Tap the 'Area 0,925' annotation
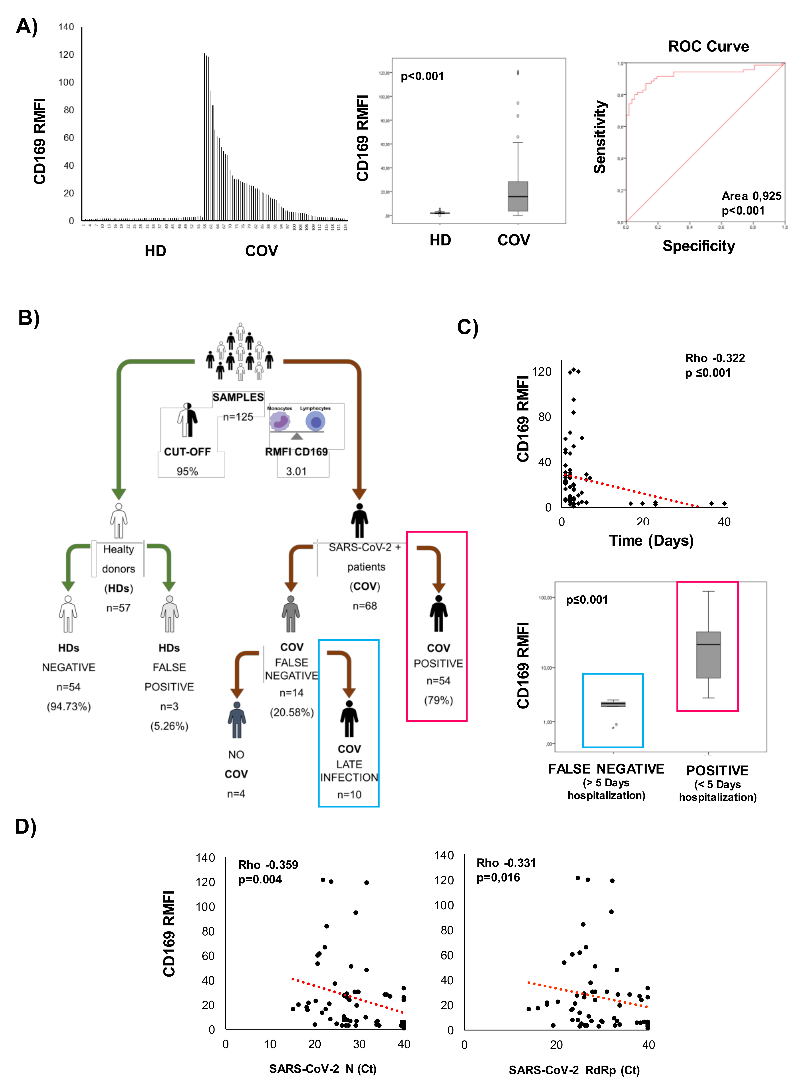[x=751, y=196]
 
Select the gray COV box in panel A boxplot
[x=518, y=196]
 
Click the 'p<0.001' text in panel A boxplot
[x=422, y=76]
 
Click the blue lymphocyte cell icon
[x=316, y=421]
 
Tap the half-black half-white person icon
[x=187, y=420]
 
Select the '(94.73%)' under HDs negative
[x=68, y=706]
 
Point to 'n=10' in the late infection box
[x=349, y=794]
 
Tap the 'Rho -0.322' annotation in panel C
[x=715, y=358]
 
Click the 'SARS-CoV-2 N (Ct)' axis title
[x=323, y=1069]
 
